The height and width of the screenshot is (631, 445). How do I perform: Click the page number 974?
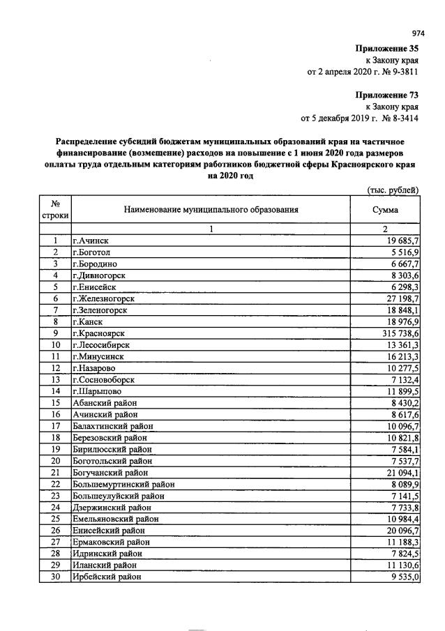[x=418, y=33]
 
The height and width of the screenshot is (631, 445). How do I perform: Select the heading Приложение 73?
[x=387, y=94]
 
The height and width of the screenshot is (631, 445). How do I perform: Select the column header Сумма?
[x=385, y=208]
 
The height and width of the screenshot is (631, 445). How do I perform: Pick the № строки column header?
[x=55, y=208]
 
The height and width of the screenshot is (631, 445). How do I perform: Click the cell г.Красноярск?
[x=99, y=334]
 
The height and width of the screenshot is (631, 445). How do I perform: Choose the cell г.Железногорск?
[x=103, y=298]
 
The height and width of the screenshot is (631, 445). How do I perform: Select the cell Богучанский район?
[x=113, y=472]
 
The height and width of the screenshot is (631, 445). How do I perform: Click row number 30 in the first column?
[x=55, y=577]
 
